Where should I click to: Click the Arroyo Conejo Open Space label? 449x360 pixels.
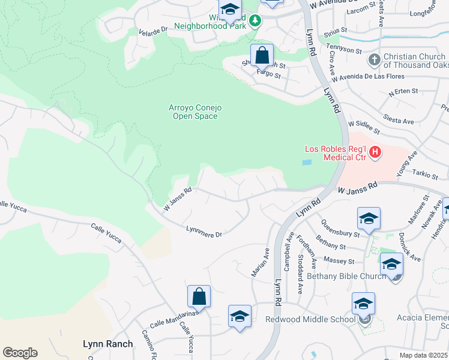195,112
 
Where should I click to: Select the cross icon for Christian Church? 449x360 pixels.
374,60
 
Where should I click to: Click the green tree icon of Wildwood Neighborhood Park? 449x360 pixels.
255,21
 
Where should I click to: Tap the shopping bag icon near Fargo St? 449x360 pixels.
262,56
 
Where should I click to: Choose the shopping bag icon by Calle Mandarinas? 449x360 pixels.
199,297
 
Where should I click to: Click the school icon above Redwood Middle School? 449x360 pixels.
363,304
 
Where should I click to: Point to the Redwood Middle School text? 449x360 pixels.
310,319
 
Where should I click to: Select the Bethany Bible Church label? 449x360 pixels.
346,276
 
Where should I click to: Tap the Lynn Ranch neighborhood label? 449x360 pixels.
107,344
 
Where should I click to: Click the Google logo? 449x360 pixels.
20,353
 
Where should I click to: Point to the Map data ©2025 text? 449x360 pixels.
423,355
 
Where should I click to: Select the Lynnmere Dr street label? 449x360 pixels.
204,231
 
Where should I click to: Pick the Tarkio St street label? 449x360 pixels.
426,175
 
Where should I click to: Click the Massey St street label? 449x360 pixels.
340,261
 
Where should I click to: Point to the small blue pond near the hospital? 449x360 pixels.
307,162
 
